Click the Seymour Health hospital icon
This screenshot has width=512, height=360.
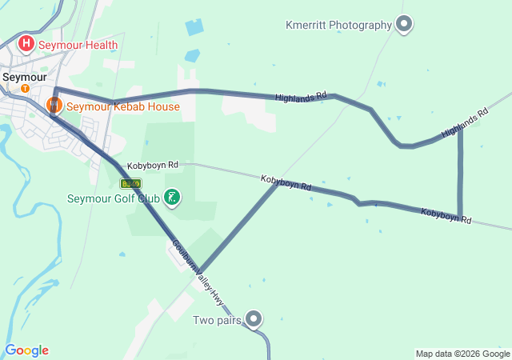(26, 43)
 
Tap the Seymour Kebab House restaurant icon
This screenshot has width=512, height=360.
(54, 105)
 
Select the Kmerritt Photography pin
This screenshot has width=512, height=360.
(404, 24)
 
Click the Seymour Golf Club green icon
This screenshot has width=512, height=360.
(171, 197)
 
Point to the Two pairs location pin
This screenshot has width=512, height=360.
(254, 319)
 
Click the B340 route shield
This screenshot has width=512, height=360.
(130, 184)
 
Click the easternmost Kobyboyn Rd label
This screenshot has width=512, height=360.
(446, 216)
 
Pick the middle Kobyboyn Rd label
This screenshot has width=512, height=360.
(286, 183)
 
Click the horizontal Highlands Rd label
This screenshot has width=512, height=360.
(301, 97)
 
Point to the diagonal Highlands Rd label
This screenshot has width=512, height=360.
(465, 123)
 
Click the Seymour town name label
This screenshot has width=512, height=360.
(25, 77)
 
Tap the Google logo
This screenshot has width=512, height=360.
(26, 350)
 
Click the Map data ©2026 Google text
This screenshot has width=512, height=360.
(462, 354)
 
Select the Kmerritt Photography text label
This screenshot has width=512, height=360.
(338, 25)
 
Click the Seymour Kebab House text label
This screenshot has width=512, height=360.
(122, 106)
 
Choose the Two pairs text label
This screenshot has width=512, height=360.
(217, 321)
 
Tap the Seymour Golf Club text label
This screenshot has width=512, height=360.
(113, 198)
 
